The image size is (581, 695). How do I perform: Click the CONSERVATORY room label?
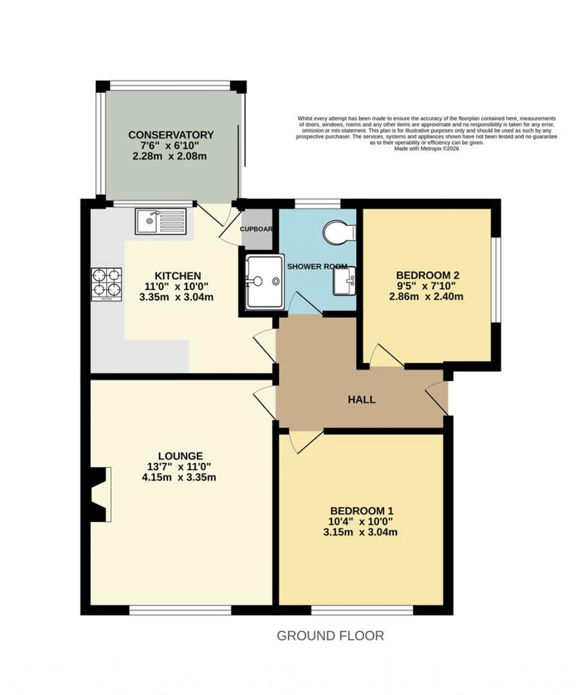pos(171,135)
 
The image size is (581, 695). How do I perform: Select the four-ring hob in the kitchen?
pos(107,283)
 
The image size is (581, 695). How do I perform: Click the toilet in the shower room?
pos(339,232)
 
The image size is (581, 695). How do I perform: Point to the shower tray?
pos(264,282)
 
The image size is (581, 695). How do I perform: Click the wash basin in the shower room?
pos(344,280)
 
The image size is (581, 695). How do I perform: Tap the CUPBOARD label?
pos(256,229)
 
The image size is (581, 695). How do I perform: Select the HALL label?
pos(361,400)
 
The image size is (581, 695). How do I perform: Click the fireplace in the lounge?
pos(100,493)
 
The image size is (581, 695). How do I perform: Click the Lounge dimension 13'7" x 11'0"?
pos(180,467)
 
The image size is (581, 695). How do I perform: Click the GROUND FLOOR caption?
pos(330,635)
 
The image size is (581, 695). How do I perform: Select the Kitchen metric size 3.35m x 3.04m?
pos(177,296)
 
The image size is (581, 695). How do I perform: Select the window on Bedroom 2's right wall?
pos(495,279)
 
